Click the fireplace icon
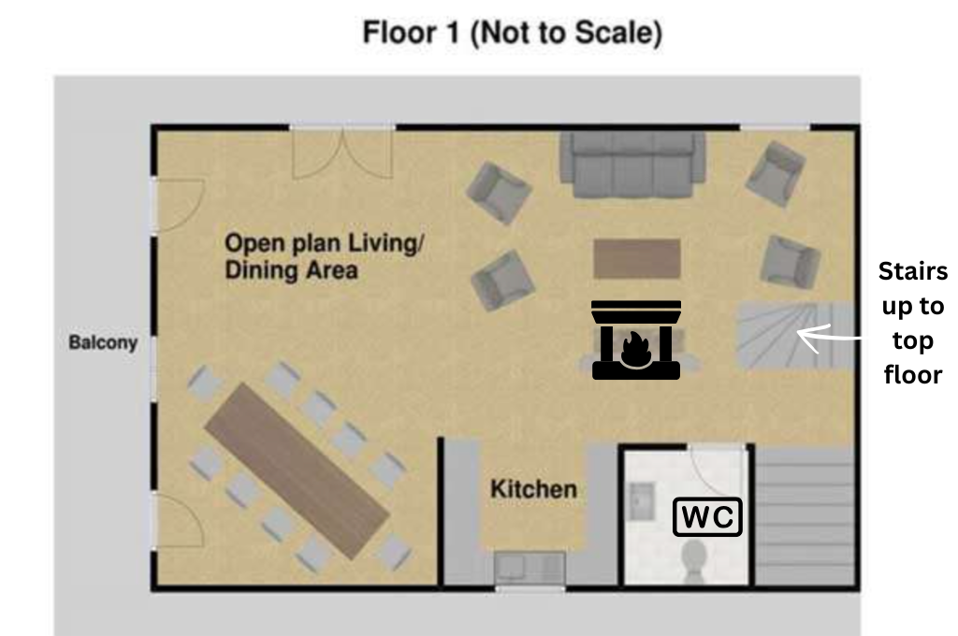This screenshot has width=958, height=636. pyautogui.click(x=635, y=340)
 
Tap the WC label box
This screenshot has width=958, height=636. pyautogui.click(x=707, y=517)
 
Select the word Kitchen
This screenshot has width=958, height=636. pyautogui.click(x=533, y=488)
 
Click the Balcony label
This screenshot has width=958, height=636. pyautogui.click(x=103, y=342)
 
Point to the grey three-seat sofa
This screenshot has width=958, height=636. pyautogui.click(x=632, y=165)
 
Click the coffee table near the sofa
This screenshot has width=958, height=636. pyautogui.click(x=636, y=258)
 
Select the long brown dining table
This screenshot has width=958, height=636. pyautogui.click(x=296, y=470)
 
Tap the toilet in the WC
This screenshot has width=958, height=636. pyautogui.click(x=695, y=560)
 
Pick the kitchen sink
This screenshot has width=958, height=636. pyautogui.click(x=530, y=567)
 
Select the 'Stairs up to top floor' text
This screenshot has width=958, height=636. pyautogui.click(x=912, y=323)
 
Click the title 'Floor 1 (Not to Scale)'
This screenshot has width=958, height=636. pyautogui.click(x=513, y=34)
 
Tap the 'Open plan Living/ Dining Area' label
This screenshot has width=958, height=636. pyautogui.click(x=324, y=256)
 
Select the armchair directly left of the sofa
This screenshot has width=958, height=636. pyautogui.click(x=499, y=192)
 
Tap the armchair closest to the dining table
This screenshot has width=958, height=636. pyautogui.click(x=502, y=280)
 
